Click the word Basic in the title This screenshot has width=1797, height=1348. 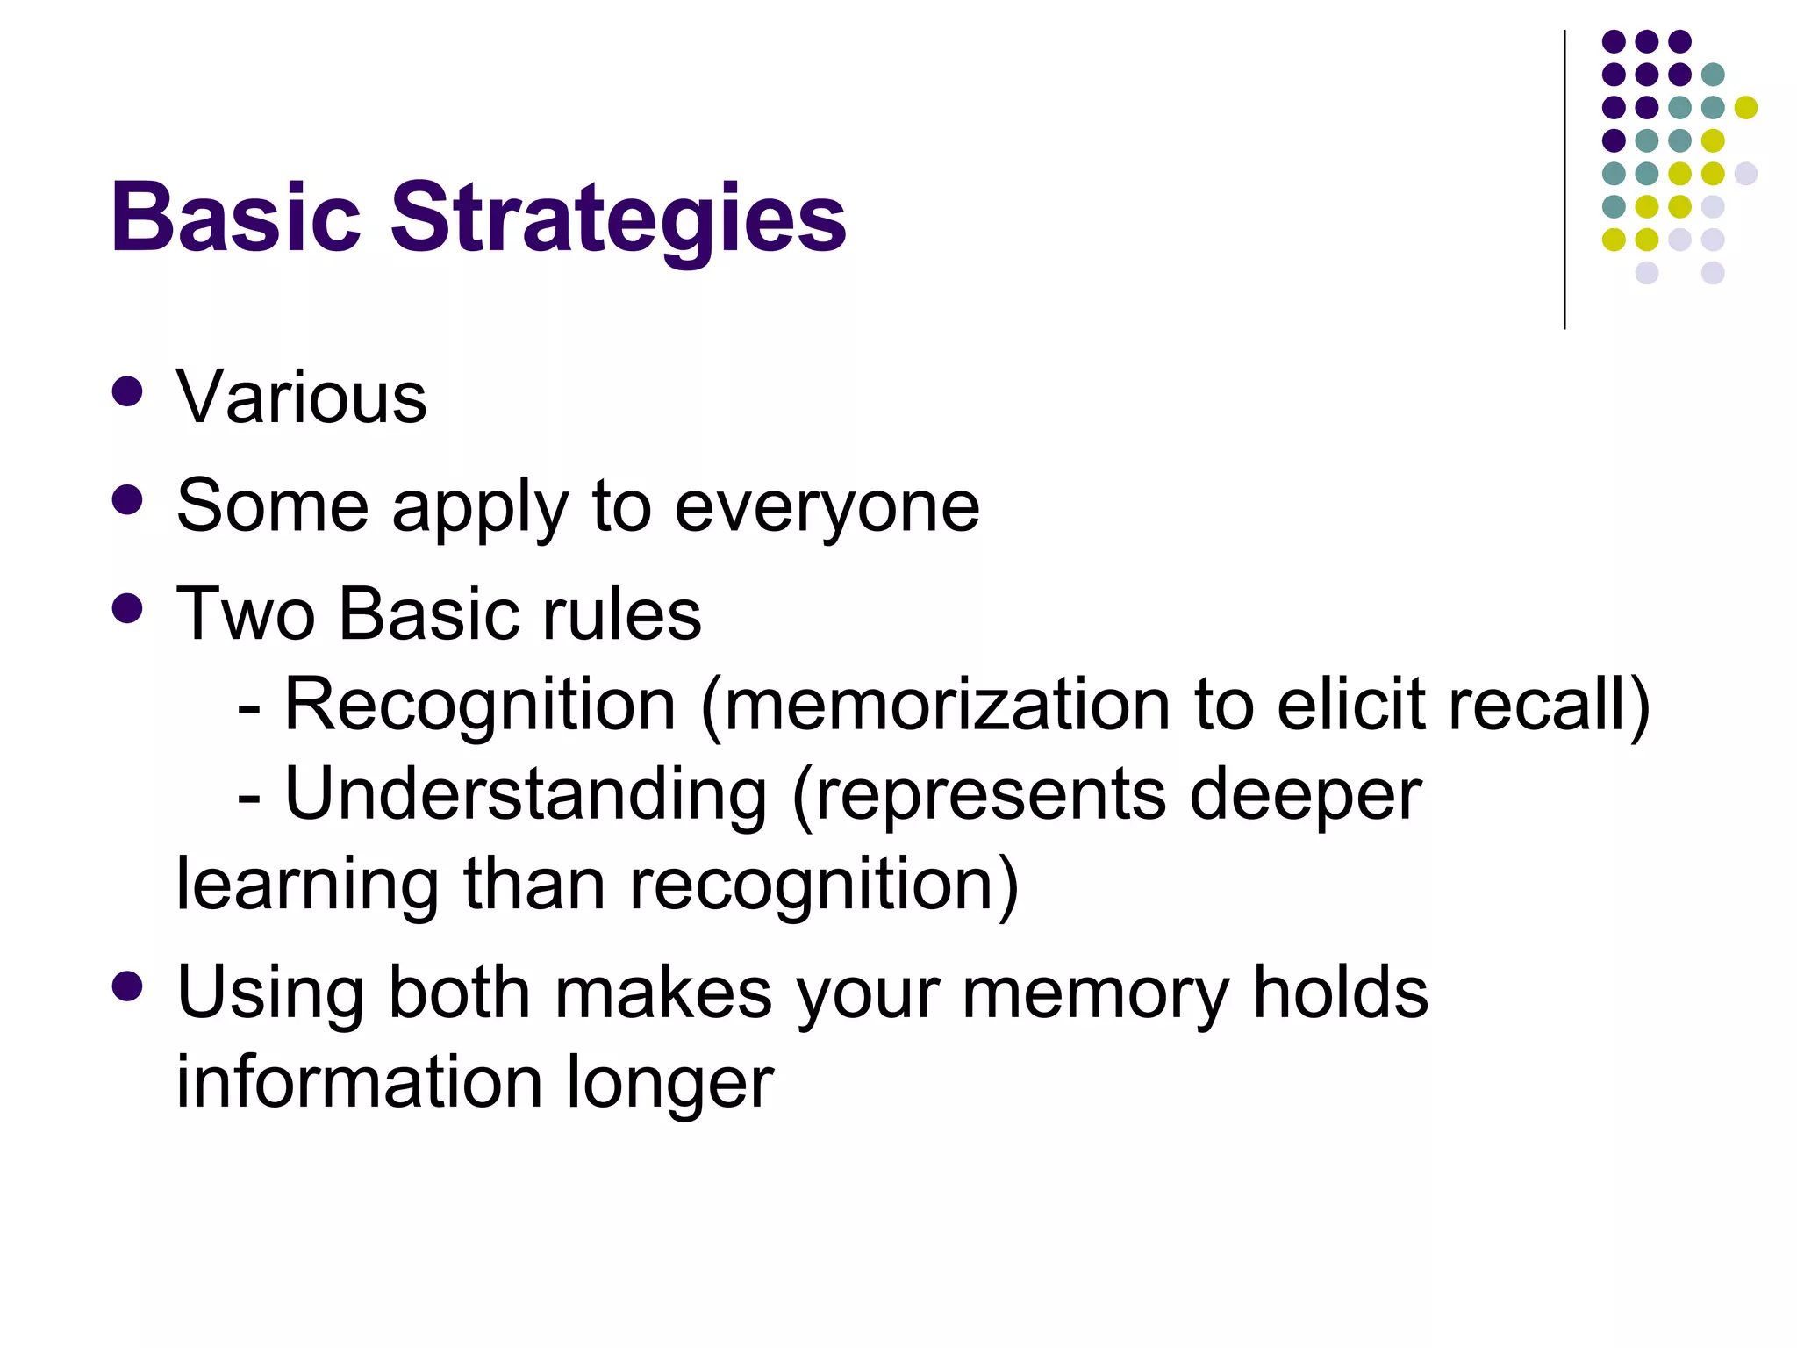pyautogui.click(x=235, y=218)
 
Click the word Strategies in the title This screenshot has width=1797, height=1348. pyautogui.click(x=618, y=219)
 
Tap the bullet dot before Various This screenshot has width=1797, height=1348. pyautogui.click(x=128, y=391)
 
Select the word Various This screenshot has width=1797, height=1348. pyautogui.click(x=301, y=398)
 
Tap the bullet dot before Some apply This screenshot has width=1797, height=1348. pyautogui.click(x=128, y=500)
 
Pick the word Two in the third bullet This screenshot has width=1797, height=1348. pyautogui.click(x=246, y=614)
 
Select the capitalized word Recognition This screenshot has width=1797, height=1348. pyautogui.click(x=480, y=705)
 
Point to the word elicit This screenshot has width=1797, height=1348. pyautogui.click(x=1351, y=705)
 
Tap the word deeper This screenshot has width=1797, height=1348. pyautogui.click(x=1305, y=795)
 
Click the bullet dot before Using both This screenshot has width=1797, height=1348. pyautogui.click(x=128, y=986)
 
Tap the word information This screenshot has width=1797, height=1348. pyautogui.click(x=360, y=1082)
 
